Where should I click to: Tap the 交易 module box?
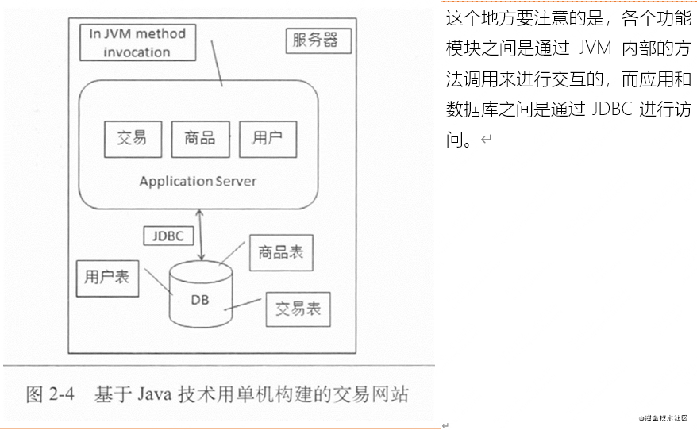(133, 139)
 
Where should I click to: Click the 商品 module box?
(200, 139)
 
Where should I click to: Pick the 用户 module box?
(268, 139)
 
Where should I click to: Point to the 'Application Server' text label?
(198, 181)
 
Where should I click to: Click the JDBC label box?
(168, 236)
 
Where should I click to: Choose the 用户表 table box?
(107, 278)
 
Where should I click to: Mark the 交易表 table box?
(298, 309)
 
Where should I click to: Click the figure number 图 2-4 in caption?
(49, 394)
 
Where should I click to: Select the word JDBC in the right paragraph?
(612, 109)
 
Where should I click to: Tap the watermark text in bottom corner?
(662, 418)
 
